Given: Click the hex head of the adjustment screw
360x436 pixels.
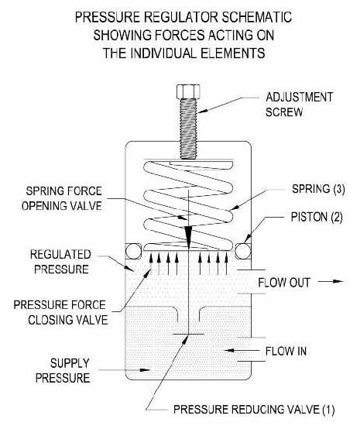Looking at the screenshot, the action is point(188,91).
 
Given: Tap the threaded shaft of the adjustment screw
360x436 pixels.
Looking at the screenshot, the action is point(188,129).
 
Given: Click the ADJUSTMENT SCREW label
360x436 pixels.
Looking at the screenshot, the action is point(299,105).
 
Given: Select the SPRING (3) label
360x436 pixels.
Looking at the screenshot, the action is point(318,189).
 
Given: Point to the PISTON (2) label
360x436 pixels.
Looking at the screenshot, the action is point(317,217).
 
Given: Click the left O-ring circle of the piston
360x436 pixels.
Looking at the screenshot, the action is point(133,251).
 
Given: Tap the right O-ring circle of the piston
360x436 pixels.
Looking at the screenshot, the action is point(243,251).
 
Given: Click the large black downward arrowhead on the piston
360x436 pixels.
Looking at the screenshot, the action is point(188,237).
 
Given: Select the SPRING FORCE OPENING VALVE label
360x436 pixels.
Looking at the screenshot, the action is point(62,198).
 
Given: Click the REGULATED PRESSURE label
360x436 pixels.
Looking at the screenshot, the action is point(60,262).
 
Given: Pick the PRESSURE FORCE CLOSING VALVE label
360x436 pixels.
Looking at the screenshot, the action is point(60,312).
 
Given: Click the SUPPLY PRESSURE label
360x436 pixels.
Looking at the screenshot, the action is point(63,370).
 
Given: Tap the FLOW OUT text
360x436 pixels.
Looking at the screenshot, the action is point(284,283).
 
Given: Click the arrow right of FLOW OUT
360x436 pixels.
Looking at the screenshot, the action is point(331,281).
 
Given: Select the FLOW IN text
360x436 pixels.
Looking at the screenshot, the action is point(286,351).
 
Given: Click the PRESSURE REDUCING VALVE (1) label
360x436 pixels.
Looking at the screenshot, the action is point(254,410).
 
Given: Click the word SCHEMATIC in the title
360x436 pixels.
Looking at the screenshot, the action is point(256,17).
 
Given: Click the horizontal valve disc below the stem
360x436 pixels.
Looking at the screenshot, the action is point(188,334).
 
